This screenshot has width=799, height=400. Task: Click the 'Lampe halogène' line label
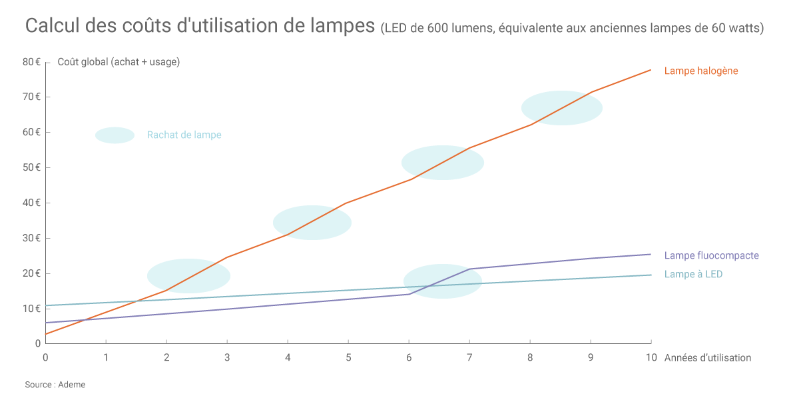(x=701, y=71)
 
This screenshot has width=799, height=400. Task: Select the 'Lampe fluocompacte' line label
(x=711, y=255)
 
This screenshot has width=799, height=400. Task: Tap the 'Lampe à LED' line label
(x=693, y=274)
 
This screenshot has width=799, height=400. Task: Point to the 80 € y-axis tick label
(x=31, y=62)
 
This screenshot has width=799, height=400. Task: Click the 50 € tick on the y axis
(x=31, y=167)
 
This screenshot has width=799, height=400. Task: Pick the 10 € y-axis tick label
(x=31, y=309)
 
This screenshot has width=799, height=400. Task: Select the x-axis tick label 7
(x=469, y=357)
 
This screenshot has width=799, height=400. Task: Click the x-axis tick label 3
(x=227, y=357)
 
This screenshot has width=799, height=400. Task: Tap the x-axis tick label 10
(x=651, y=357)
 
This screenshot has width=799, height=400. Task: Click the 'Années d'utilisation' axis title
(x=708, y=358)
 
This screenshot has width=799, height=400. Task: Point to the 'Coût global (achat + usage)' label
(x=119, y=62)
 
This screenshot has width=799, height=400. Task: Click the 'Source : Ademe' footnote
(x=55, y=385)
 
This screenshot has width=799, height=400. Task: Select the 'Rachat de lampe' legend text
(x=184, y=135)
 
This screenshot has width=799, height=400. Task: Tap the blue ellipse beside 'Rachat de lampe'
(x=115, y=135)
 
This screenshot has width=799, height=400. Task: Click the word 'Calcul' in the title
(x=53, y=27)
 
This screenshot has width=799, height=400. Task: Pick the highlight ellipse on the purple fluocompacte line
(x=442, y=281)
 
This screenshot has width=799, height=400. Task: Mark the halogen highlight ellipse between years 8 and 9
(x=561, y=108)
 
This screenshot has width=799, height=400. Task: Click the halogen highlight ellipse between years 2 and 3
(x=188, y=276)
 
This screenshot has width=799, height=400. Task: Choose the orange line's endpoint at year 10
(x=651, y=69)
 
